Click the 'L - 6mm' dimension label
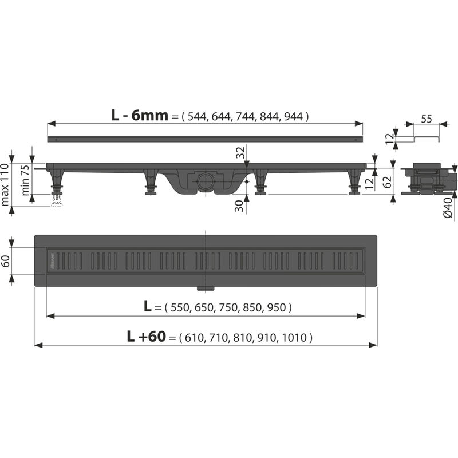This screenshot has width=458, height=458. tap(140, 115)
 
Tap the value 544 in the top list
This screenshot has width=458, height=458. tap(195, 116)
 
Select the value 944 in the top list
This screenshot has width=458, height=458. tap(294, 116)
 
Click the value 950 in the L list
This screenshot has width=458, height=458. tap(277, 307)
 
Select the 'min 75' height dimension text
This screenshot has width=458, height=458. tap(25, 180)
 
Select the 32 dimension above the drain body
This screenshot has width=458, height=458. tap(241, 153)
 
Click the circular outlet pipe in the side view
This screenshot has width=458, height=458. tap(205, 182)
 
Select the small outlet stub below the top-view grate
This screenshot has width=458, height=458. tap(205, 286)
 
